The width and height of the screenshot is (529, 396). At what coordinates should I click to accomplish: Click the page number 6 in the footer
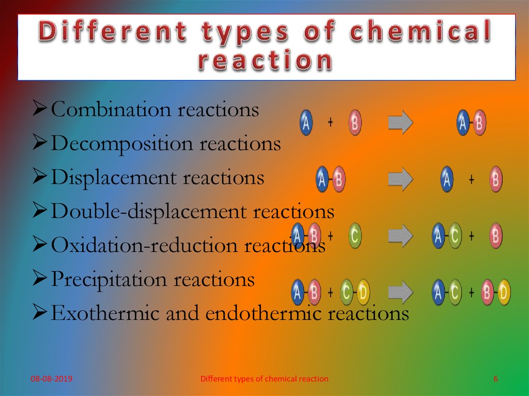(x=495, y=379)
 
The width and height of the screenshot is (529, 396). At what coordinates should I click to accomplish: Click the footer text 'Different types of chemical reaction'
(x=264, y=379)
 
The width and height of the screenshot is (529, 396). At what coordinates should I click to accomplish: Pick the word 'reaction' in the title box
(x=266, y=61)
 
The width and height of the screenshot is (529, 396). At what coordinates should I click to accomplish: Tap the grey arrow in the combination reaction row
(x=400, y=123)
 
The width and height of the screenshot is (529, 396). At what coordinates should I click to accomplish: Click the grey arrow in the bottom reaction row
(x=400, y=293)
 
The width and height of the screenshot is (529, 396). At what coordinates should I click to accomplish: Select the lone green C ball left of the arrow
(x=354, y=236)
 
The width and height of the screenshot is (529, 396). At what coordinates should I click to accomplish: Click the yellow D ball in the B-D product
(x=503, y=293)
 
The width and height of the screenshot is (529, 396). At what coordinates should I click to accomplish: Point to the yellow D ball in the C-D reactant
(x=364, y=293)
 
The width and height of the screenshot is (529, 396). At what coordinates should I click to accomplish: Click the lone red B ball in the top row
(x=355, y=123)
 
